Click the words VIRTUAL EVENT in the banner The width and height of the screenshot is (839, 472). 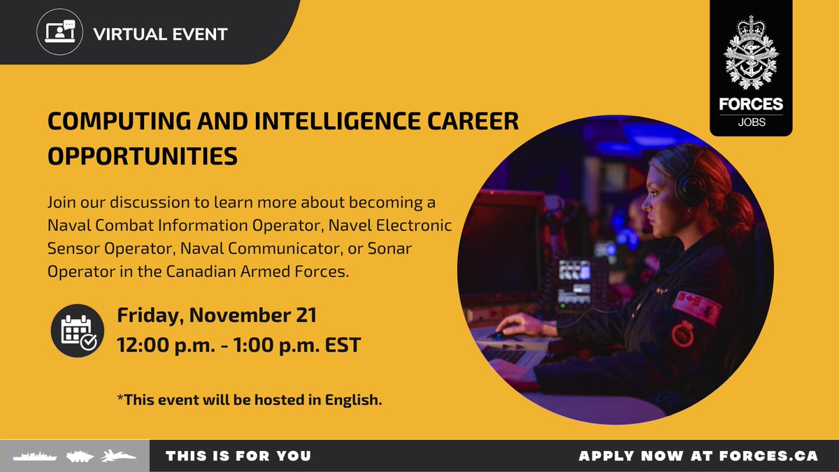click(160, 33)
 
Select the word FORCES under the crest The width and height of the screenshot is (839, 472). click(751, 105)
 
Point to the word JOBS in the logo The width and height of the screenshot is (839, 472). click(751, 122)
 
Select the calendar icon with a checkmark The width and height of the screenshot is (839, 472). click(77, 331)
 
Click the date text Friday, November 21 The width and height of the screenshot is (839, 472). click(217, 315)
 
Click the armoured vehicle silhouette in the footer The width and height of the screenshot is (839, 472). click(79, 456)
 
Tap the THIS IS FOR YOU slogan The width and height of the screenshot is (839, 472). click(238, 456)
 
